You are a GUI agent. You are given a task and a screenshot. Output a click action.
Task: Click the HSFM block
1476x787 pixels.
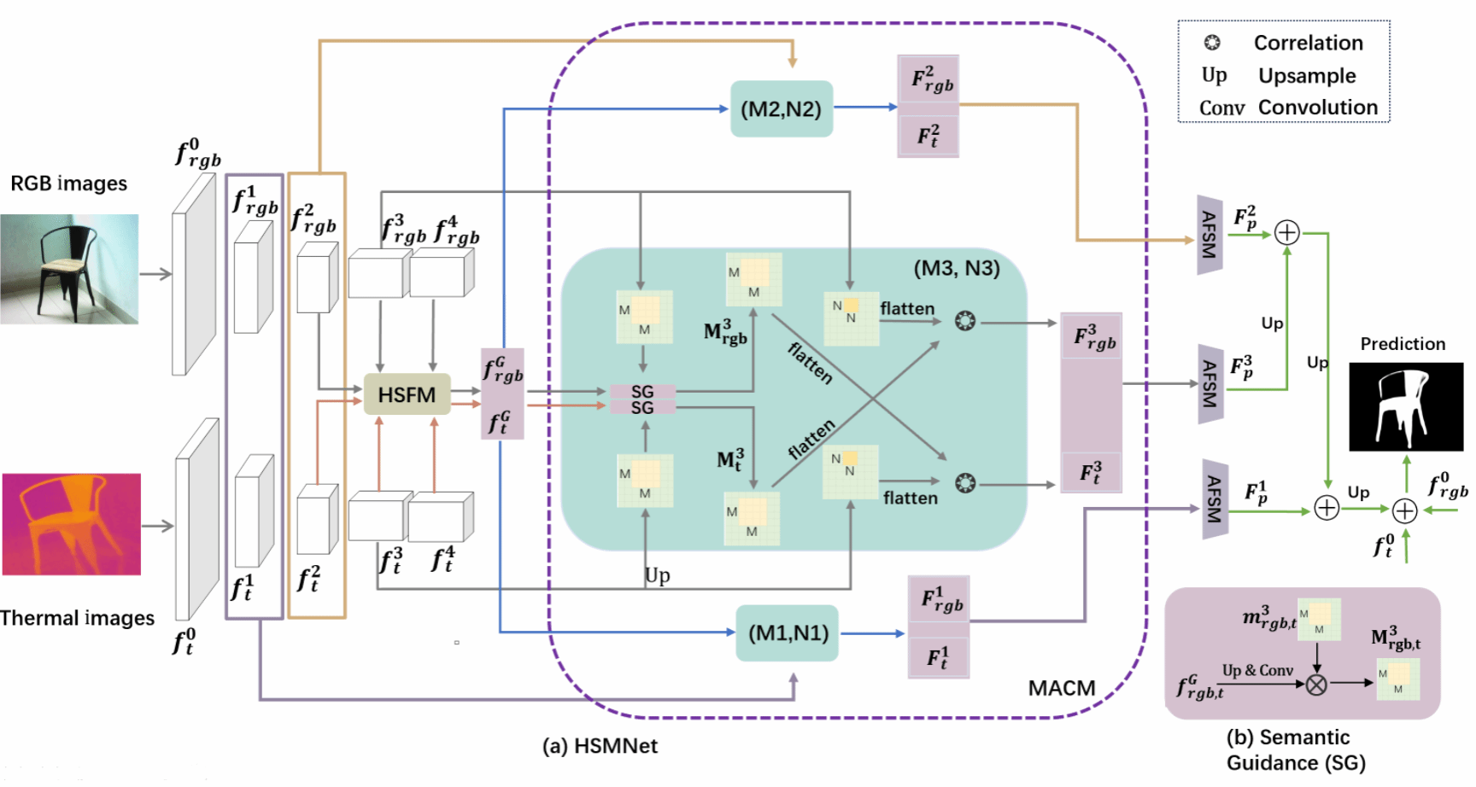click(x=407, y=394)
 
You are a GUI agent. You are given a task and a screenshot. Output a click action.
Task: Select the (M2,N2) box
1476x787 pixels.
click(x=781, y=108)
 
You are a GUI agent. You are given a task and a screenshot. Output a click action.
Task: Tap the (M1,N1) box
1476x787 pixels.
click(x=788, y=633)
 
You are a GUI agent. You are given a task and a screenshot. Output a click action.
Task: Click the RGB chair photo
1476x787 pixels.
click(x=69, y=269)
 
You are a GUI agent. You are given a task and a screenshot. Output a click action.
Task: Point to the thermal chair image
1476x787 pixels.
click(x=71, y=524)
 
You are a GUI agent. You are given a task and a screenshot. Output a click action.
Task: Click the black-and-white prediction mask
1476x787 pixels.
click(x=1405, y=406)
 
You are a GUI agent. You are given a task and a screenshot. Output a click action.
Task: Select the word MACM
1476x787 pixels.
click(x=1061, y=688)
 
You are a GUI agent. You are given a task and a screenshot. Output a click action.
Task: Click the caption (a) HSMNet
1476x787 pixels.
click(x=600, y=746)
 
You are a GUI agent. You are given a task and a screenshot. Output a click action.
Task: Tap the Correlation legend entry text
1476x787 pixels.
click(x=1308, y=43)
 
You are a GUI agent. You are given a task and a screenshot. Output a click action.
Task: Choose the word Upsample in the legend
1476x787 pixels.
click(x=1306, y=76)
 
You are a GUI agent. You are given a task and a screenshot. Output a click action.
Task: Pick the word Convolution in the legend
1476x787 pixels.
click(x=1317, y=108)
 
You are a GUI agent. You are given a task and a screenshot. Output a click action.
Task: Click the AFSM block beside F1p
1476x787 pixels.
click(x=1215, y=500)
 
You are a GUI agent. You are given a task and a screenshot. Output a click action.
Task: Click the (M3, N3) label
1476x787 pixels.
click(x=956, y=268)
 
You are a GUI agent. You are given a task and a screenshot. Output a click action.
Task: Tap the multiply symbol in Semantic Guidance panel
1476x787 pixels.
click(x=1316, y=684)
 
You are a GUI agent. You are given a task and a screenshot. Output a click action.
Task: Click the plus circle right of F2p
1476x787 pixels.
click(x=1286, y=232)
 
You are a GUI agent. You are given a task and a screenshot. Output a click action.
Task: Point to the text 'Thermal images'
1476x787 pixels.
click(x=77, y=618)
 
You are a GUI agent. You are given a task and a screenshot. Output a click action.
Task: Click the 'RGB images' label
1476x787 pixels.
click(x=68, y=184)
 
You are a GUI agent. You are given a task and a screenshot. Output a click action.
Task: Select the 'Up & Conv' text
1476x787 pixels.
click(x=1257, y=670)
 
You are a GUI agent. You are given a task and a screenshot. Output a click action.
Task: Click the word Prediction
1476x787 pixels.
click(x=1403, y=344)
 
